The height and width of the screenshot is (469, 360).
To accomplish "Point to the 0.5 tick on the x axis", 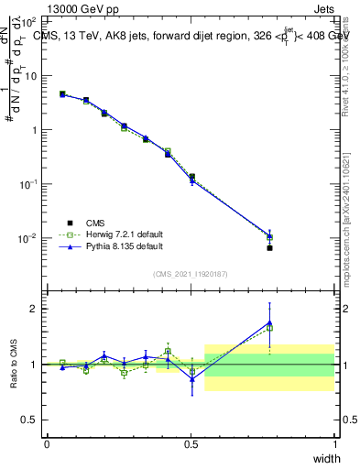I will tap(191, 444).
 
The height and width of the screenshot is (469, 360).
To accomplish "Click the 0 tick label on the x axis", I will tap(47, 444).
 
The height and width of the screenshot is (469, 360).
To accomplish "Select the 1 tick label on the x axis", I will tap(335, 444).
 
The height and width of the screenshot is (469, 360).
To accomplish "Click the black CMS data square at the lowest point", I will tap(269, 248).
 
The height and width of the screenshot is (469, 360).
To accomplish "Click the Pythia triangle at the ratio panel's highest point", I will tap(269, 322).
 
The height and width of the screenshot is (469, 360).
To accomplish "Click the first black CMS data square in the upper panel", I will tap(62, 93).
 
